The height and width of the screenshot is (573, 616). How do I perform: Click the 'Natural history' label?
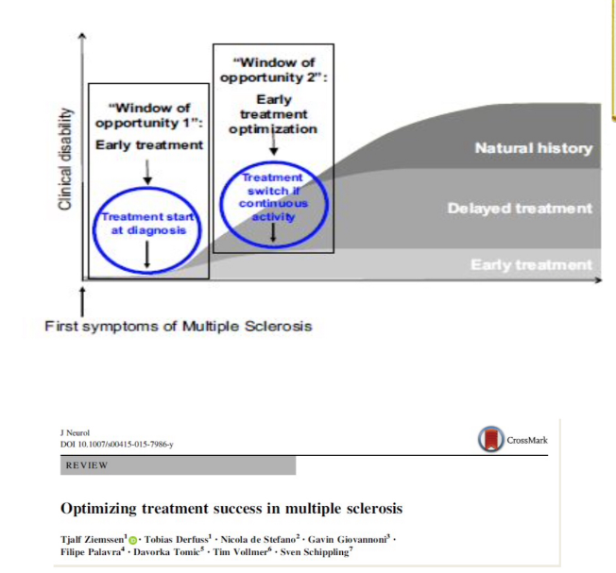coord(533,148)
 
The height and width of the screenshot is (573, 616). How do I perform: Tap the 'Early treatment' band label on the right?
coord(532,265)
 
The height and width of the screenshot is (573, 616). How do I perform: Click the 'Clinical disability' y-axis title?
coord(65,157)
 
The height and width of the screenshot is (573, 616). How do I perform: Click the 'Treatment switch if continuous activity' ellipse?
coord(272,197)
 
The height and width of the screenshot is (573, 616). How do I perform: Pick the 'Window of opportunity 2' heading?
coord(273,69)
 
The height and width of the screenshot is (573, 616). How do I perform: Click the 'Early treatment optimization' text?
coord(273,113)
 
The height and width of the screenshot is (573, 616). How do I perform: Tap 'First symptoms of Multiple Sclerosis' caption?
coord(179,327)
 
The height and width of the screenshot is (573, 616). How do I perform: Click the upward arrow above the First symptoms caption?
coord(84,304)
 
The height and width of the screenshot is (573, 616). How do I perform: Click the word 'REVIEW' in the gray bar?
coord(88,466)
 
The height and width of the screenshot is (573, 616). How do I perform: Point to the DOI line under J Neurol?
coord(116,444)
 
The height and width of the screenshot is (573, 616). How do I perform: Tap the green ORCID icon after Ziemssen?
coord(133,537)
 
